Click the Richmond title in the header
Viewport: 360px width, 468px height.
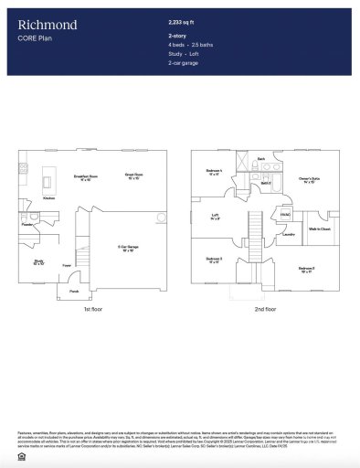[48, 25]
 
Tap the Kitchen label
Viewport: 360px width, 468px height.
[49, 197]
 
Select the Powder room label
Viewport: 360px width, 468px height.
[27, 223]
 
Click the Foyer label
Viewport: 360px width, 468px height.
[67, 266]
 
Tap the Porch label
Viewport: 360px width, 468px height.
[74, 292]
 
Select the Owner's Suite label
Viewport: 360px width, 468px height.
[307, 178]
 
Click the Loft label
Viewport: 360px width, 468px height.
[214, 217]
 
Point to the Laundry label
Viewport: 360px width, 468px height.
[287, 234]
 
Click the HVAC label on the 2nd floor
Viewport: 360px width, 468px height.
[285, 215]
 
